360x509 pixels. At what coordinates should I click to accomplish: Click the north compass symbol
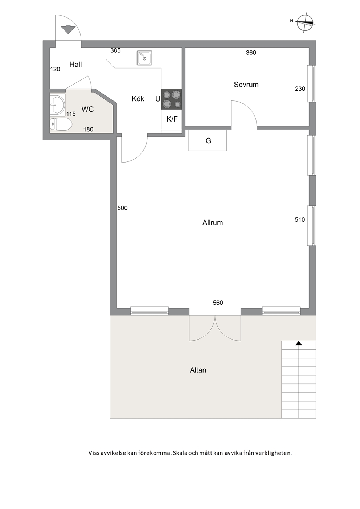click(x=305, y=22)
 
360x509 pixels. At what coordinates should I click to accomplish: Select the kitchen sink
click(x=144, y=58)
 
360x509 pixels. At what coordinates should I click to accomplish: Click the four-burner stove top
click(x=172, y=99)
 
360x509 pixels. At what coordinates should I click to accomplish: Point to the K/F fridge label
click(x=172, y=119)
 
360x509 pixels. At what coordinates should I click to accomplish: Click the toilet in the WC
click(x=61, y=124)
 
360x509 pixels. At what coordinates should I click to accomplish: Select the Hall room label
click(x=75, y=65)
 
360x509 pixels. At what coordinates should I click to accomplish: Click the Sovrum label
click(x=246, y=85)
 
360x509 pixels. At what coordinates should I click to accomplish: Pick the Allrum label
click(x=213, y=222)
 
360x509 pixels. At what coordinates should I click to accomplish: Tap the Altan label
click(x=198, y=370)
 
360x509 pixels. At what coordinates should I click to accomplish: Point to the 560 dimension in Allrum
click(x=218, y=303)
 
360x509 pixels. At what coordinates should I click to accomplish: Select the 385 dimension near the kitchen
click(x=115, y=50)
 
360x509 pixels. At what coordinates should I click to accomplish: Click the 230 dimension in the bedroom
click(x=300, y=89)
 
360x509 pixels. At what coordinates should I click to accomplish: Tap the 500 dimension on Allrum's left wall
click(x=123, y=208)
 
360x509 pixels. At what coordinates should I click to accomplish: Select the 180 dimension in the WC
click(x=89, y=129)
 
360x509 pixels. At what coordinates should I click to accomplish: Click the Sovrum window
click(x=312, y=83)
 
